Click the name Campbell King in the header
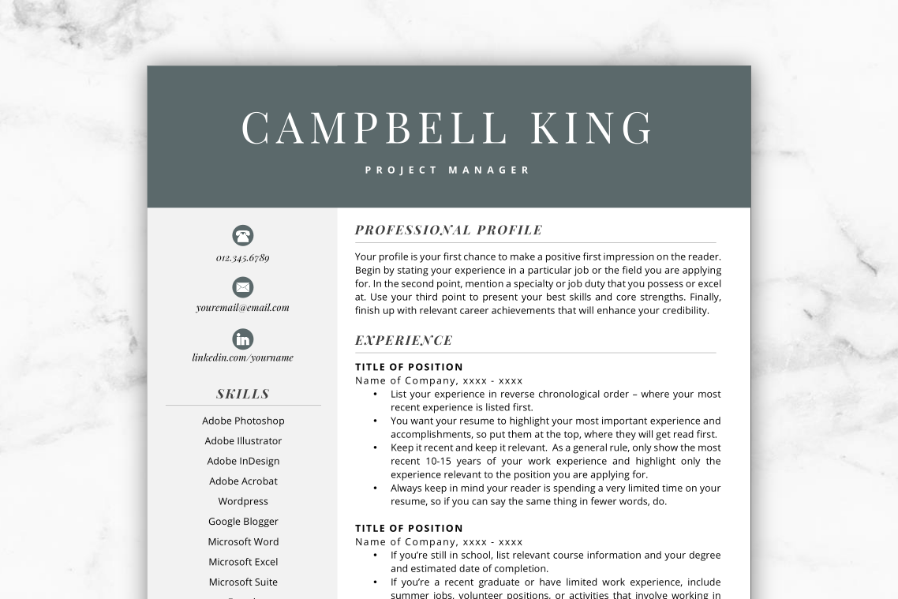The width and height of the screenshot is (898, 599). click(x=447, y=128)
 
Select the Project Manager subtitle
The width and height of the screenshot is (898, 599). click(x=447, y=170)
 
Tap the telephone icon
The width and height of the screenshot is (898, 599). click(x=243, y=235)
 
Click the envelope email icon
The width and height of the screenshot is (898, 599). click(x=243, y=286)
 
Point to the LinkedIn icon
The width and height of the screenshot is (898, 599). click(x=243, y=339)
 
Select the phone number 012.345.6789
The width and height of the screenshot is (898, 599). click(x=243, y=258)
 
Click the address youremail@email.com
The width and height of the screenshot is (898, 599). click(x=243, y=308)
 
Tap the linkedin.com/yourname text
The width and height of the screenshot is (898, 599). click(x=243, y=358)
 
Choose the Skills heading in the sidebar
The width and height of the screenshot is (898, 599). click(x=243, y=394)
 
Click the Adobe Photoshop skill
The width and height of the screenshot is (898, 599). click(x=243, y=421)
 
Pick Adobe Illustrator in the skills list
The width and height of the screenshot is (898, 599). click(x=243, y=441)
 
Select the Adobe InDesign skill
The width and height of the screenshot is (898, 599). click(x=243, y=461)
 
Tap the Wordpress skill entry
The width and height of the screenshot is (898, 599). click(x=243, y=501)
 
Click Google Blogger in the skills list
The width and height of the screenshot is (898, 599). click(x=243, y=522)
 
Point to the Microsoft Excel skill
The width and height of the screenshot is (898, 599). click(x=243, y=562)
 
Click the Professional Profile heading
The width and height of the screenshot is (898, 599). click(x=448, y=230)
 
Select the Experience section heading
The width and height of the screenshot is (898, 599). click(x=403, y=341)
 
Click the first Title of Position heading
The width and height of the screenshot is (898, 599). click(x=409, y=367)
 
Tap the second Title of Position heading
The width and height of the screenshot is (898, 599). click(x=409, y=529)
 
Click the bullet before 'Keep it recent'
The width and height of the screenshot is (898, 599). click(x=374, y=447)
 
